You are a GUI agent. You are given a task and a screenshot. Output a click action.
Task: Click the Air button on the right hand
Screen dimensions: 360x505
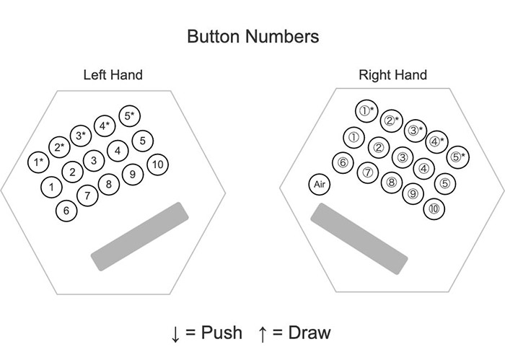[x=320, y=185]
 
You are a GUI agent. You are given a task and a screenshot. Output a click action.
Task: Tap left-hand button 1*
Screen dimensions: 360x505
[x=38, y=162]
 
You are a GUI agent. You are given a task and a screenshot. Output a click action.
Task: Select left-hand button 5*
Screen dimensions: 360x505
[x=130, y=115]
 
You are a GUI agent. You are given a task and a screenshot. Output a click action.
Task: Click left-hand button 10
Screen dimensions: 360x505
[x=158, y=164]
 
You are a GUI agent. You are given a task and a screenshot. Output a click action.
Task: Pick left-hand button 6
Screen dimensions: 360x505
[x=66, y=211]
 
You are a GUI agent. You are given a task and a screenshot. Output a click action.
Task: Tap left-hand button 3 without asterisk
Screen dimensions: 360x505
[x=94, y=160]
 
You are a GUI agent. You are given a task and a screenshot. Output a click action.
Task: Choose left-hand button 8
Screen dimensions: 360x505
[x=109, y=185]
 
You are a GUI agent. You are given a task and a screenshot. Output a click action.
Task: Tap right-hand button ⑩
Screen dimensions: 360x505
[x=434, y=208]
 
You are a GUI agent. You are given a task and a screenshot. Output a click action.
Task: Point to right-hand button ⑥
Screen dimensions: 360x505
[x=343, y=162]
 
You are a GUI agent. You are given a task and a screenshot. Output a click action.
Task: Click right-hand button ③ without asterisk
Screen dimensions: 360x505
[x=403, y=157]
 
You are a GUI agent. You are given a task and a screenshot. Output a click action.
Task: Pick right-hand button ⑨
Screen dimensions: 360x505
[x=413, y=192]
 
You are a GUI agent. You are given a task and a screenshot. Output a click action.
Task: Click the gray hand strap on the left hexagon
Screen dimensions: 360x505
[x=140, y=237]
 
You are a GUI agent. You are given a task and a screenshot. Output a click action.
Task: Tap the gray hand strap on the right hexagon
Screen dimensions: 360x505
[x=359, y=239]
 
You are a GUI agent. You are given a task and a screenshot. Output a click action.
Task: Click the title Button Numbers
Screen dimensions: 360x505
[x=252, y=36]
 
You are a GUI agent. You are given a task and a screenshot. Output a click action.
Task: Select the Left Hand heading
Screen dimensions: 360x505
[x=113, y=74]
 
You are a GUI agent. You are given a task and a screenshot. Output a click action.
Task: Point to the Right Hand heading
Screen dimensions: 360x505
[x=392, y=74]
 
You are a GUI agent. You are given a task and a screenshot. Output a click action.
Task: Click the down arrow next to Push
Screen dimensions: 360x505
[x=175, y=333]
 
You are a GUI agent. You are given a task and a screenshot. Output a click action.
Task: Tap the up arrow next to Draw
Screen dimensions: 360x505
[x=262, y=333]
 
